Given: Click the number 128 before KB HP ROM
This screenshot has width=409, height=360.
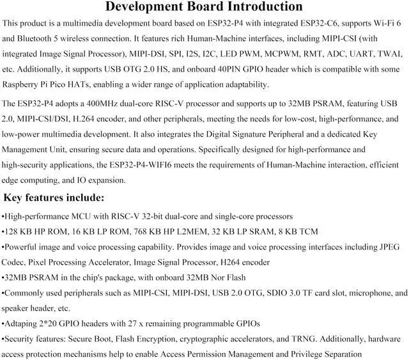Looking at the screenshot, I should pos(12,231).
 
